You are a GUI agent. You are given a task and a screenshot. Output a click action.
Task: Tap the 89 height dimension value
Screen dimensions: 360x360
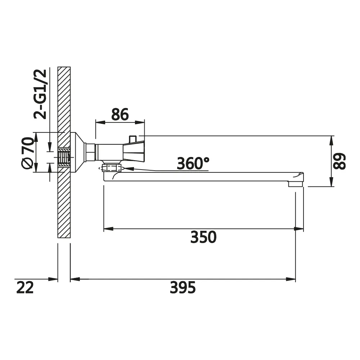[339, 161]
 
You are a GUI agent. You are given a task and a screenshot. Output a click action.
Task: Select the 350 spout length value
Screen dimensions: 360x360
[203, 237]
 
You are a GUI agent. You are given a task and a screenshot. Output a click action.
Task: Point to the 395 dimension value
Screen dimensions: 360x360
[183, 287]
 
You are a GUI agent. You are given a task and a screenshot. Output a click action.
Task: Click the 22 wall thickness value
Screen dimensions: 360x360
[25, 287]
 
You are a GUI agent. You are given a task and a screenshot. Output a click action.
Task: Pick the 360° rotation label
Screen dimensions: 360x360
[193, 163]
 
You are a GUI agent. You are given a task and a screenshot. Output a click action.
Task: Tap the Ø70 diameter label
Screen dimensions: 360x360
[28, 153]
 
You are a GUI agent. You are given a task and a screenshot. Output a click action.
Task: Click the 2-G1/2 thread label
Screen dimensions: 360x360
[40, 94]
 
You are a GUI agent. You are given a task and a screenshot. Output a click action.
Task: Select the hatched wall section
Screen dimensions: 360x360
[64, 152]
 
